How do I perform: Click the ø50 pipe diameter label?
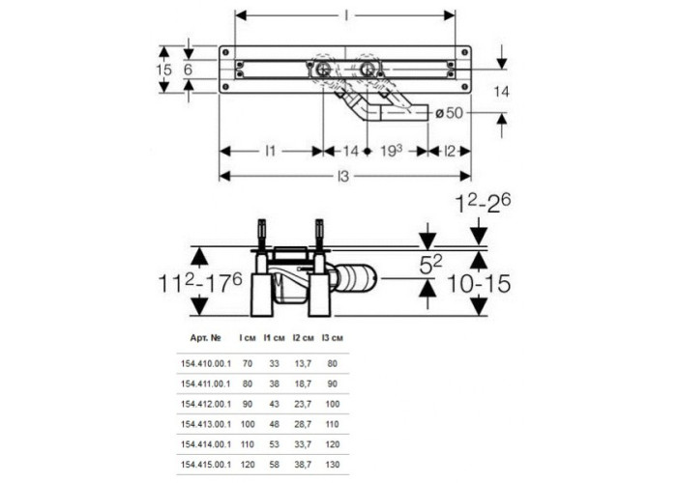[x=449, y=113]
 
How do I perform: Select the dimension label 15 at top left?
[x=163, y=70]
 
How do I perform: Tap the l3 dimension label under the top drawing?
[x=342, y=177]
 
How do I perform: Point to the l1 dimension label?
[x=270, y=152]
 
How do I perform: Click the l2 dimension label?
[x=450, y=152]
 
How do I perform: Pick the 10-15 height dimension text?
[x=479, y=284]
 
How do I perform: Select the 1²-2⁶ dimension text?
[x=484, y=204]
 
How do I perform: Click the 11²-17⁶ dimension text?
[x=201, y=283]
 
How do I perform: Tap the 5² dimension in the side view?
[x=431, y=265]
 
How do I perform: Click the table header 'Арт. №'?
[x=205, y=338]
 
